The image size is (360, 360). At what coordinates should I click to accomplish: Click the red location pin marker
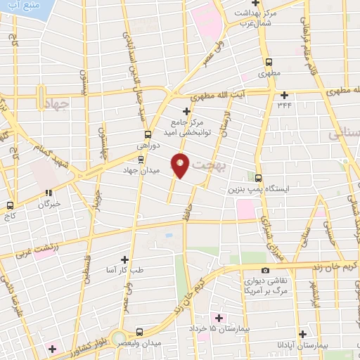pos(181,165)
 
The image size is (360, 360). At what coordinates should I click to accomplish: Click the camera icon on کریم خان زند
pos(265,271)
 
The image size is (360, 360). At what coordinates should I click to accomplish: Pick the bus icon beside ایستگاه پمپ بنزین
pos(259,178)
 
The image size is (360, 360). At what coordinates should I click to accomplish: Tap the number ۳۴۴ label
pos(284,105)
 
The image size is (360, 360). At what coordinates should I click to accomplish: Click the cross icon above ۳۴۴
pos(284,95)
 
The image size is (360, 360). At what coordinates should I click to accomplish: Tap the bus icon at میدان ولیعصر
pos(139,331)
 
